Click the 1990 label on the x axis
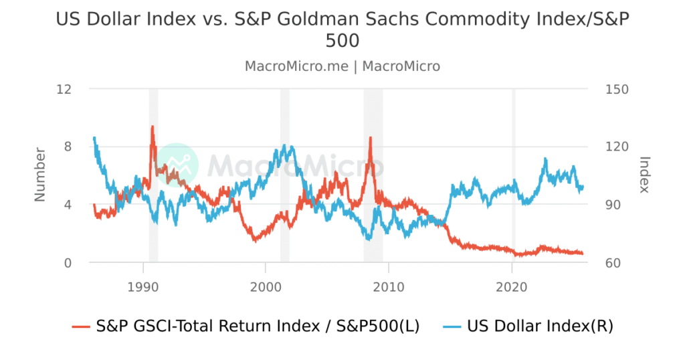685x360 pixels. tap(142, 286)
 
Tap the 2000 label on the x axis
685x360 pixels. tap(266, 286)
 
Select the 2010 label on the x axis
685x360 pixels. tap(389, 286)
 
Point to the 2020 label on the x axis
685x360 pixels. tap(512, 286)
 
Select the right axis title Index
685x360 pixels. tap(645, 175)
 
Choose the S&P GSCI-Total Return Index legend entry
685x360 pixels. tap(258, 326)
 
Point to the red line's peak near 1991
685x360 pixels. tap(153, 126)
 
